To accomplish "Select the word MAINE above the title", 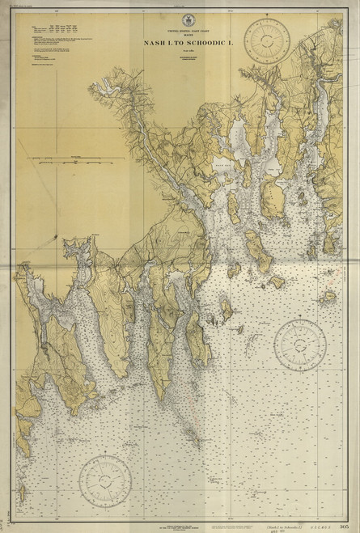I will [179, 35].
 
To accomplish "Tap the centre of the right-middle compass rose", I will [299, 345].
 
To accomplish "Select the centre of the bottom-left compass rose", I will [105, 479].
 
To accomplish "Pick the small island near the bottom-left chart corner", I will [21, 491].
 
